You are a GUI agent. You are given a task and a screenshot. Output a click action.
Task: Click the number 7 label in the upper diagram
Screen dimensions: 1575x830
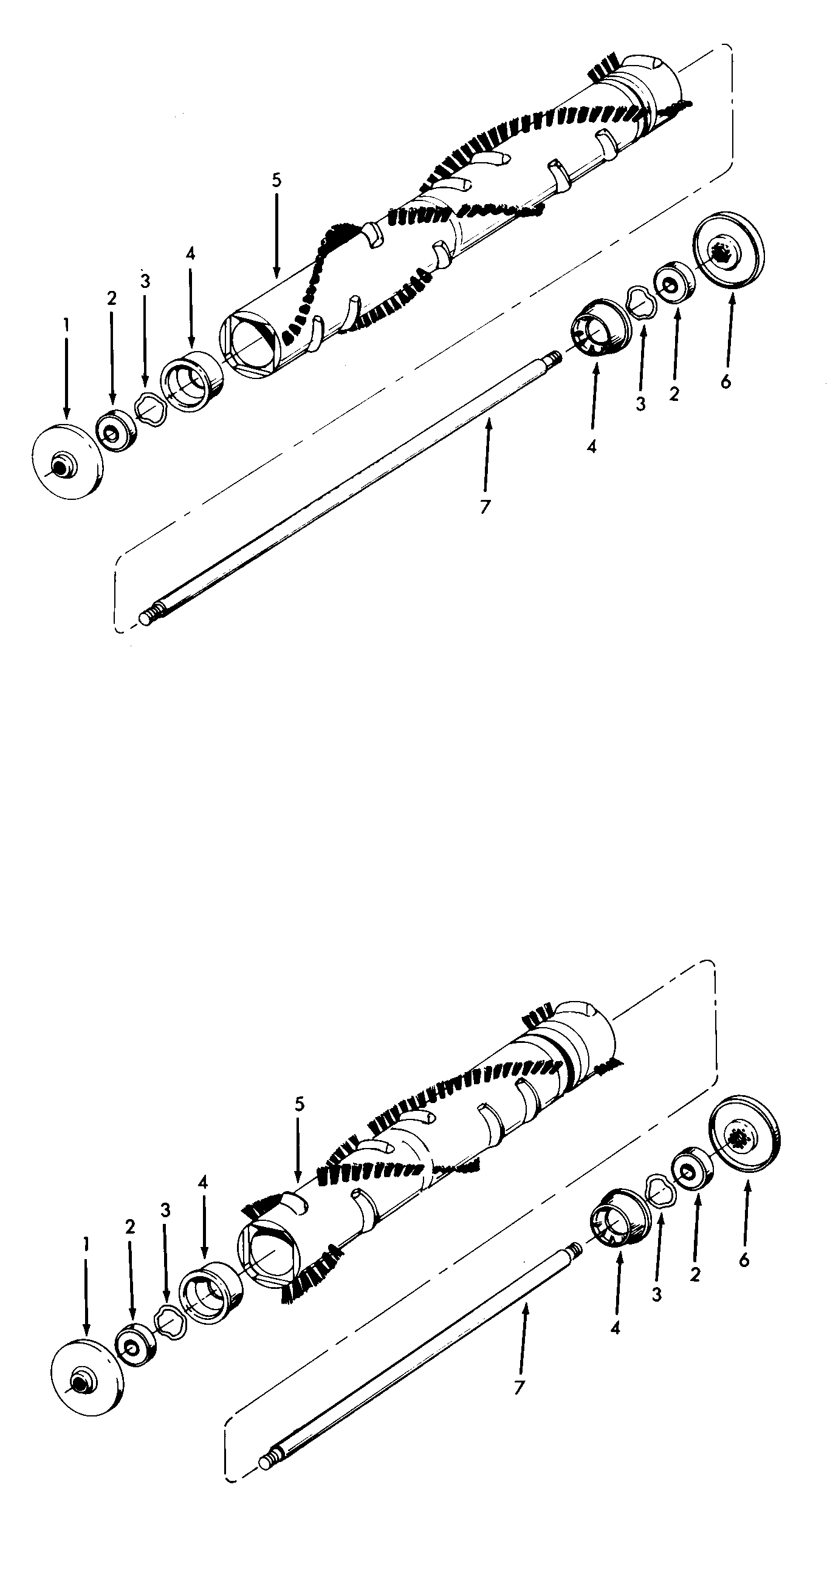pyautogui.click(x=484, y=506)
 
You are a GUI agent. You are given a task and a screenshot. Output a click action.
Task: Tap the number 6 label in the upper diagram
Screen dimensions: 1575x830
pyautogui.click(x=725, y=381)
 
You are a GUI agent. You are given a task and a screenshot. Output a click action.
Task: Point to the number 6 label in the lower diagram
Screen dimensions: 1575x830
pyautogui.click(x=744, y=1260)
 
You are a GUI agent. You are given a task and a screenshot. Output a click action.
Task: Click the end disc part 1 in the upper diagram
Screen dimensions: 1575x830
pyautogui.click(x=67, y=461)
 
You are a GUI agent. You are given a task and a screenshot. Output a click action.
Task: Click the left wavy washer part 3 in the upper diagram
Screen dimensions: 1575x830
pyautogui.click(x=151, y=408)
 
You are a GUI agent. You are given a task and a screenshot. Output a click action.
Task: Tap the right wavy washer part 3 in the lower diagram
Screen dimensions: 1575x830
pyautogui.click(x=660, y=1190)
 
